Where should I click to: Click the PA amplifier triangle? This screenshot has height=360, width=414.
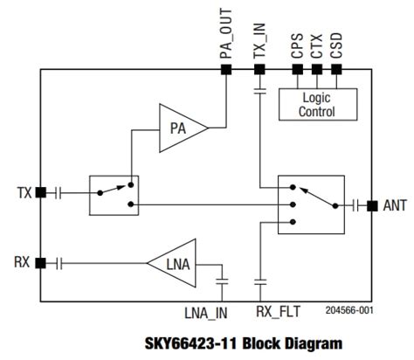click(x=180, y=129)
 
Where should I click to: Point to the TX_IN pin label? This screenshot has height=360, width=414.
click(x=259, y=37)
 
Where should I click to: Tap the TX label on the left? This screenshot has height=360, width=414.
click(x=24, y=191)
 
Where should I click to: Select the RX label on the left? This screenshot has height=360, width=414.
click(x=23, y=261)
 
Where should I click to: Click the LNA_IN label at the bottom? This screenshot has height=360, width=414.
click(x=207, y=311)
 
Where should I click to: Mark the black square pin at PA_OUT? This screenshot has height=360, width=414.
click(x=225, y=68)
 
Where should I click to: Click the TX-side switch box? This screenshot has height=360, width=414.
click(x=113, y=195)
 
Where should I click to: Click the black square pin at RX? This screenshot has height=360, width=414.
click(x=40, y=261)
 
